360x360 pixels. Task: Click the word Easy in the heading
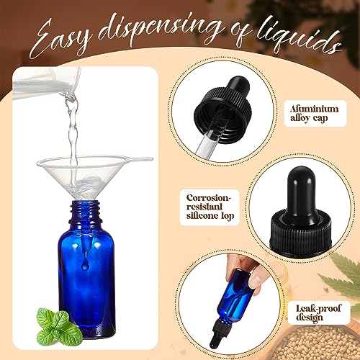click(x=61, y=41)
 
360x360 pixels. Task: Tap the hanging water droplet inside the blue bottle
click(x=85, y=265)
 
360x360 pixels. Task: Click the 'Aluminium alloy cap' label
click(x=315, y=113)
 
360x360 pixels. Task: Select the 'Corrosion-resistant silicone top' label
click(x=210, y=207)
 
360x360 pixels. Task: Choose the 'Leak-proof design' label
click(x=318, y=312)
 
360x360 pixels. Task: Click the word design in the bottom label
click(x=310, y=318)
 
